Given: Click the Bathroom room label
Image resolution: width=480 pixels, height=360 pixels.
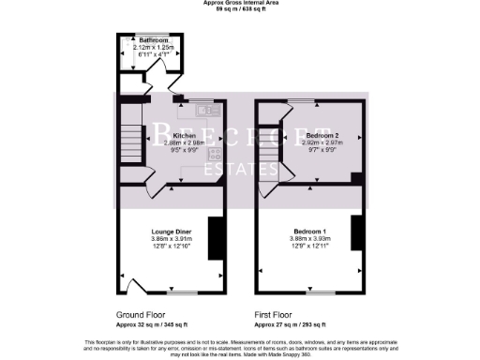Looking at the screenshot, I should tap(154, 41).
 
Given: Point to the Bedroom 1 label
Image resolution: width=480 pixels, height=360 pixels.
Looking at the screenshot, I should tap(310, 231).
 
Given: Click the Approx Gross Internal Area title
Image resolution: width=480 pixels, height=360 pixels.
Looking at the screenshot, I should tap(239, 4).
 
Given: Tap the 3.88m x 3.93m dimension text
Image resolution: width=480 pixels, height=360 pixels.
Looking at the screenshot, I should tap(310, 238).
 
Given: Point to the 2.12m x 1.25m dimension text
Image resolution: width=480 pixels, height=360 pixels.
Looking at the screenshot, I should tap(154, 48).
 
